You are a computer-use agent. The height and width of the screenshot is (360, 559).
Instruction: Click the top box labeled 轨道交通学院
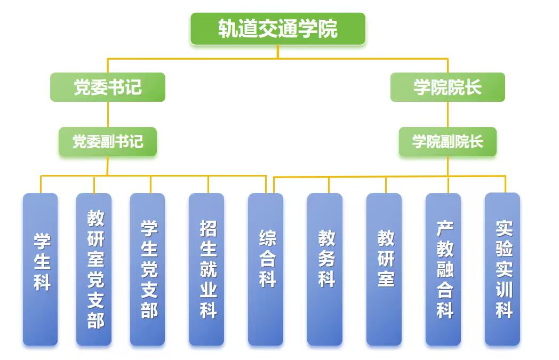point(278,29)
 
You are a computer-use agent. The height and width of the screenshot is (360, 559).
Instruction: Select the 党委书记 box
point(108,87)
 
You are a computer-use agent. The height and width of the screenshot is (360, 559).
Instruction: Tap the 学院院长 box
point(448,87)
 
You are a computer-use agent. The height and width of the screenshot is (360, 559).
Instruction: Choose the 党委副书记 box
point(108,141)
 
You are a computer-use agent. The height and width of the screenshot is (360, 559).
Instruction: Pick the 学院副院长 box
point(448,141)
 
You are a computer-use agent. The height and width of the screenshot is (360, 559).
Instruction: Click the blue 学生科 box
point(41,269)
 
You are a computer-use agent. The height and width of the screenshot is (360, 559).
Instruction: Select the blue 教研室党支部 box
point(94,269)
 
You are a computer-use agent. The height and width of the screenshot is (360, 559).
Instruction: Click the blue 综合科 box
point(266,269)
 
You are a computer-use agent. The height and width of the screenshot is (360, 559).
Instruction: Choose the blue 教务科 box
point(325,269)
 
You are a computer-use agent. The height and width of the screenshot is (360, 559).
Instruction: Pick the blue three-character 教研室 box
point(384,269)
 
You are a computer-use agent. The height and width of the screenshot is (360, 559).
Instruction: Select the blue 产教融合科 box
point(443,269)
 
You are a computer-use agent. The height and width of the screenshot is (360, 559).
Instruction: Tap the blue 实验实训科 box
point(502,269)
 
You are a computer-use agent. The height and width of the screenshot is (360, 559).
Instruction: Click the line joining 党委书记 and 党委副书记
point(108,114)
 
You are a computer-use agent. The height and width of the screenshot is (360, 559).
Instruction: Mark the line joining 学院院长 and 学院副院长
point(448,114)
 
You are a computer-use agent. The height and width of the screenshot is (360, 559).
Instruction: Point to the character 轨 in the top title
point(228,29)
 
